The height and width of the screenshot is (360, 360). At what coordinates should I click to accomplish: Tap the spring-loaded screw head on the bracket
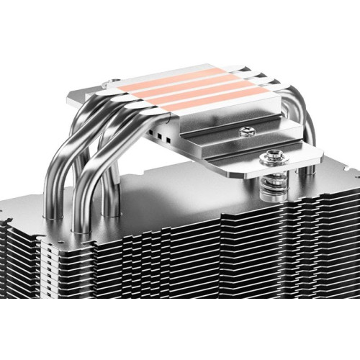(x=275, y=155)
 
